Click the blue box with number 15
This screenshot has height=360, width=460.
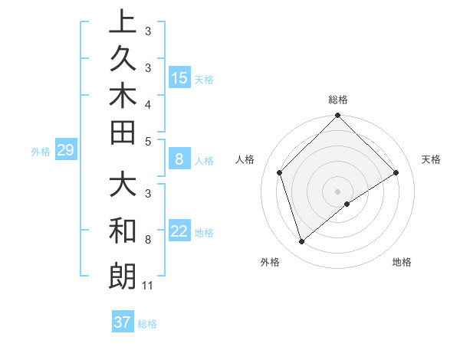pyautogui.click(x=179, y=77)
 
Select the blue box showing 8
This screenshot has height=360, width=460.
pyautogui.click(x=179, y=159)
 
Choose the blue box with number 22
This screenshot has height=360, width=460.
pyautogui.click(x=179, y=231)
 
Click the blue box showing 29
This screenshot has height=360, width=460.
pyautogui.click(x=65, y=150)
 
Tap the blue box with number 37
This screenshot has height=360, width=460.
pyautogui.click(x=123, y=322)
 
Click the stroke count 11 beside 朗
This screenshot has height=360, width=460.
pyautogui.click(x=148, y=286)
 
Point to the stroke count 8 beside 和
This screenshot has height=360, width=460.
pyautogui.click(x=147, y=240)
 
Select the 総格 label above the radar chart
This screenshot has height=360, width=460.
pyautogui.click(x=338, y=100)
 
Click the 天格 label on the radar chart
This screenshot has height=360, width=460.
pyautogui.click(x=432, y=159)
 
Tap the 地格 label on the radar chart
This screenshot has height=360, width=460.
pyautogui.click(x=402, y=262)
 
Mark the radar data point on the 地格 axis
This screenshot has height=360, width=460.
pyautogui.click(x=347, y=204)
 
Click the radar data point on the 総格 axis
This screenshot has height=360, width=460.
pyautogui.click(x=338, y=117)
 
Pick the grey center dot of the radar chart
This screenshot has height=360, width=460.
pyautogui.click(x=338, y=191)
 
